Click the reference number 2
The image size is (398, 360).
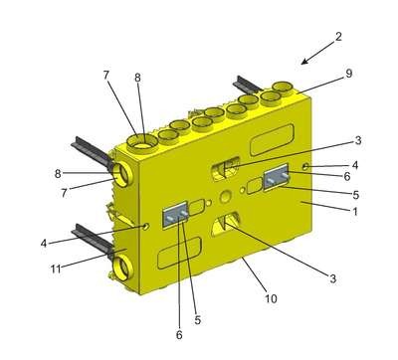tap(338, 37)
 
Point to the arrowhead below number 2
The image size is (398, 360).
tap(304, 61)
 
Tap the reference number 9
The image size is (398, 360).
tap(348, 74)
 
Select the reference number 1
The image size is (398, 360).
tap(355, 211)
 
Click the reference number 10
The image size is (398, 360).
tap(271, 298)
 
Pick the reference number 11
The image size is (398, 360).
tap(56, 269)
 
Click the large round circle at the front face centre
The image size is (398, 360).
tap(225, 197)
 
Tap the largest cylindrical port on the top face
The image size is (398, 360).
tap(143, 143)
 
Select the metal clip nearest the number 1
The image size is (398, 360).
tap(277, 178)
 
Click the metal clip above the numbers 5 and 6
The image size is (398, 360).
tap(176, 214)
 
